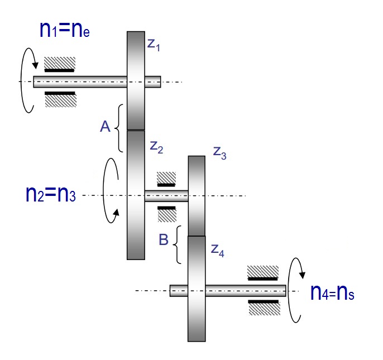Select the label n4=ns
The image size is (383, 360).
coord(332,292)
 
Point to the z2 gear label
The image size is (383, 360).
coord(156,147)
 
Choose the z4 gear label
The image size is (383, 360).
coord(218,249)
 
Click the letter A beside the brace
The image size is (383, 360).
coord(104,128)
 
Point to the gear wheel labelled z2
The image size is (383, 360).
coord(136,195)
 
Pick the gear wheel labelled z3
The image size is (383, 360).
coord(197,196)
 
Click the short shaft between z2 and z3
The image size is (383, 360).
coord(166,195)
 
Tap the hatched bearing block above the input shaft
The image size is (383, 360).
coord(60,63)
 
